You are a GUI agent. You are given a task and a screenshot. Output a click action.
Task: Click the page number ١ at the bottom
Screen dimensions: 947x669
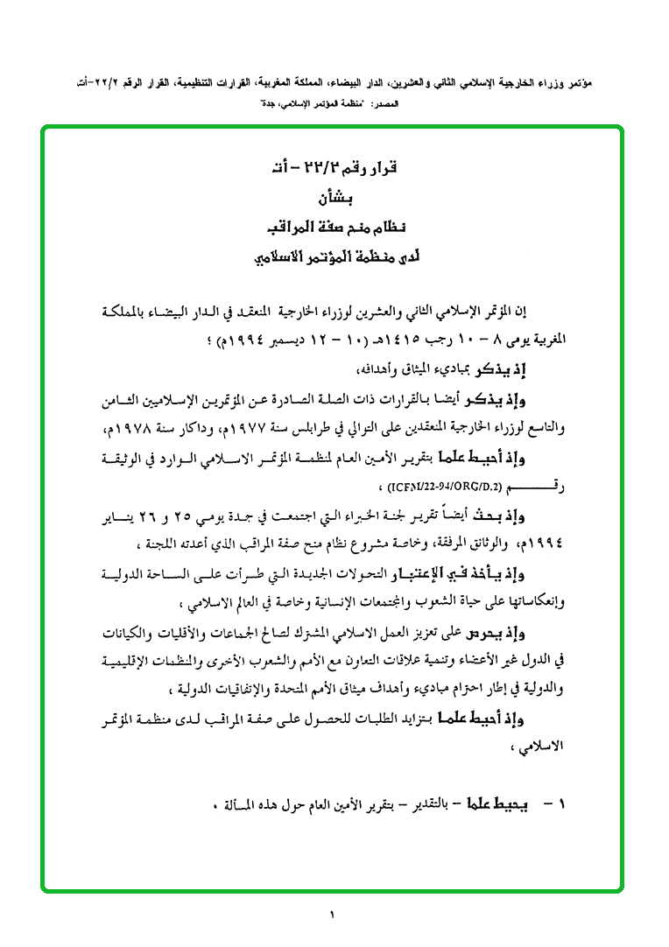[x=333, y=915]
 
